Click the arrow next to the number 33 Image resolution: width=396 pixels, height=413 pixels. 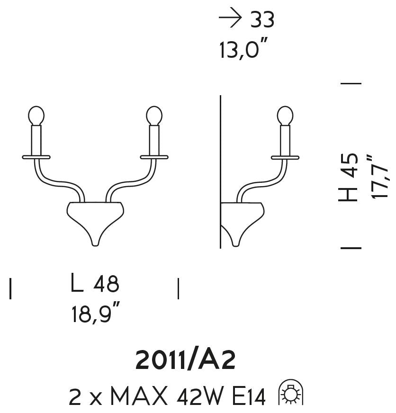(230, 18)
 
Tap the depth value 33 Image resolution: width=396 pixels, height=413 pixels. (262, 19)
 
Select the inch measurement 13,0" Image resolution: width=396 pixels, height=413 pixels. (243, 48)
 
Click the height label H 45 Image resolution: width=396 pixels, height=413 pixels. (348, 178)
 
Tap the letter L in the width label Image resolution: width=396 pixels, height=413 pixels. (77, 282)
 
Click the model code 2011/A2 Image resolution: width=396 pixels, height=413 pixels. (185, 360)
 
